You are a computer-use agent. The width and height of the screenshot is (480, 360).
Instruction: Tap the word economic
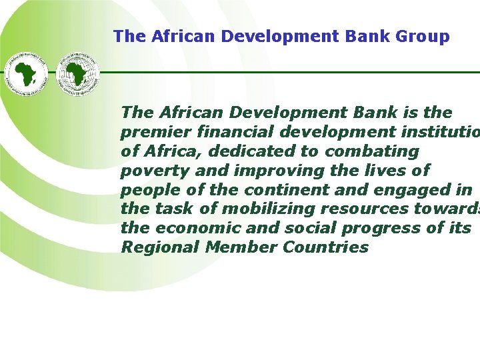pos(187,229)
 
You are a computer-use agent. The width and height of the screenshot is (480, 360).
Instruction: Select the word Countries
pos(326,247)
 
